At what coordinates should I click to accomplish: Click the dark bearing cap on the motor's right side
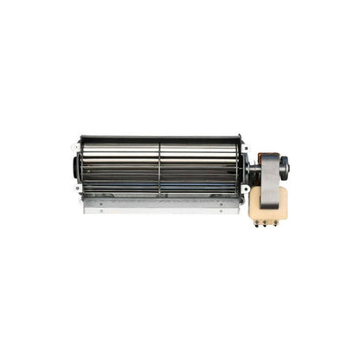pyautogui.click(x=286, y=165)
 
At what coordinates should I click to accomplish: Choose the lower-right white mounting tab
pyautogui.click(x=243, y=188)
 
